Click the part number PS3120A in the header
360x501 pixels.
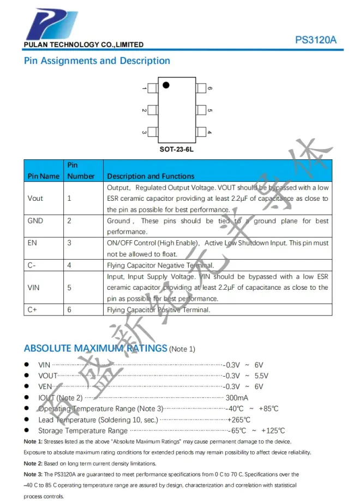tap(316, 40)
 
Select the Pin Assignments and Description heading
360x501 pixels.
tap(97, 61)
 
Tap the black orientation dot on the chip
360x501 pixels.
tap(166, 85)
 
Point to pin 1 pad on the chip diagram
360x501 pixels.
tap(152, 88)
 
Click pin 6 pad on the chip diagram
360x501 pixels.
tap(201, 88)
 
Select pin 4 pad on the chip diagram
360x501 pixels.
tap(201, 132)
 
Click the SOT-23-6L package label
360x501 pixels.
tap(177, 149)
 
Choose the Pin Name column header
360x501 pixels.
tap(43, 176)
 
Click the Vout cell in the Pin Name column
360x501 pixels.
tap(35, 198)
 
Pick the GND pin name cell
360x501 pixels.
tap(35, 221)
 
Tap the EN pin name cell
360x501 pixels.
tap(32, 243)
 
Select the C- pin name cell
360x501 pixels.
tap(32, 265)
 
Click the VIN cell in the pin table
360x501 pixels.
tap(34, 287)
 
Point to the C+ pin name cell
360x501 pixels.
tap(33, 309)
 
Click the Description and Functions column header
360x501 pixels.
tap(151, 176)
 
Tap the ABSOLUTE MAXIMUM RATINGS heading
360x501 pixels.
tap(95, 348)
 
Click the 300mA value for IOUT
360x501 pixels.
tap(237, 398)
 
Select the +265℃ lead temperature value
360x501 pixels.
tap(239, 420)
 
